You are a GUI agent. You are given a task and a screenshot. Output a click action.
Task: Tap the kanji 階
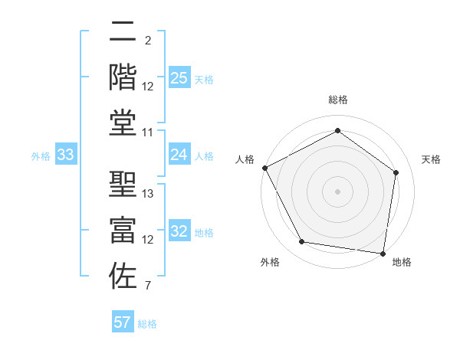[123, 77]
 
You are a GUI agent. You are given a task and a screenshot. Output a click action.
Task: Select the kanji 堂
[123, 123]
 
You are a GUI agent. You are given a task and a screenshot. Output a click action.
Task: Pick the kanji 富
[123, 230]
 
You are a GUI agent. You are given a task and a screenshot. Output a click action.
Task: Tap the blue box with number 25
[179, 78]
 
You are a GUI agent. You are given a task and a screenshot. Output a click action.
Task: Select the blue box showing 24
[179, 155]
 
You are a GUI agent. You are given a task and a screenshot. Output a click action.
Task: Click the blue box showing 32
[179, 232]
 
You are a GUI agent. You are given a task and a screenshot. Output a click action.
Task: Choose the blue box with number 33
[66, 155]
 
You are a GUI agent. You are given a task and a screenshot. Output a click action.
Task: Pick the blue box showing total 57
[123, 322]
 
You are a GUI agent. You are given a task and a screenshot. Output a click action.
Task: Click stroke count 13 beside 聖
[148, 194]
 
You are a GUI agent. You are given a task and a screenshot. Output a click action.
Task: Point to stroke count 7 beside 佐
[147, 287]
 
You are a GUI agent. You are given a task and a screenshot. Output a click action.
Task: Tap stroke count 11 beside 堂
[148, 133]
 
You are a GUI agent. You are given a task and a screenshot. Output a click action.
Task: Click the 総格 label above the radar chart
[338, 100]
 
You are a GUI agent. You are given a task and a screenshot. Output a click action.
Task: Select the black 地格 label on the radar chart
[402, 262]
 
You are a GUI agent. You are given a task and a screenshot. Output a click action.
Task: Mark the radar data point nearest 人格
[264, 167]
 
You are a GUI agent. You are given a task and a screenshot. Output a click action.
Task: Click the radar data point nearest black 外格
[302, 242]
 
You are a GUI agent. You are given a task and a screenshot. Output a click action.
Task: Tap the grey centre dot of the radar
[338, 191]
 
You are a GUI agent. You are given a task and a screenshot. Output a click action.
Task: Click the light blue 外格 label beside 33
[41, 155]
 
